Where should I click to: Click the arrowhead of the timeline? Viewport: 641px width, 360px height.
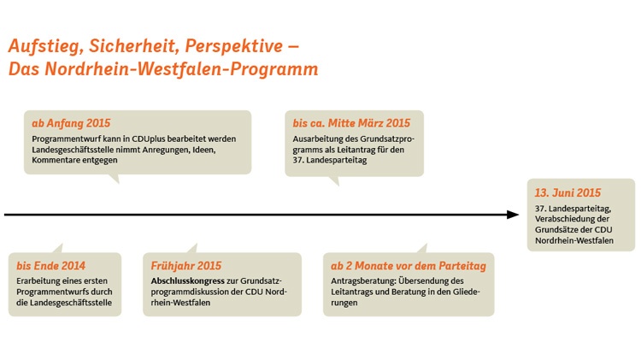(513, 215)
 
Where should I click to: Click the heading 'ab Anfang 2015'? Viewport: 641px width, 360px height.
(71, 123)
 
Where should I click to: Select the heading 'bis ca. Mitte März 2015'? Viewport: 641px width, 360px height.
(351, 123)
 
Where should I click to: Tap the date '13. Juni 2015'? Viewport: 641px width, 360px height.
(567, 192)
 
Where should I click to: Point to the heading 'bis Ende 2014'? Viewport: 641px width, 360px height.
(50, 266)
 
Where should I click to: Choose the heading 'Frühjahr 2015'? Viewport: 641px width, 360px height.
(186, 266)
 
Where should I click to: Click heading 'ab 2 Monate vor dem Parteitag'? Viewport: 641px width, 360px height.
(409, 266)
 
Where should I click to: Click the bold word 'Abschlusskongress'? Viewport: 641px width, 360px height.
(188, 281)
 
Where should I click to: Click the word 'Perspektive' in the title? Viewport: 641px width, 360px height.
(233, 46)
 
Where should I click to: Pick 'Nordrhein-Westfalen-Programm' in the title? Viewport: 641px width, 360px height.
(181, 68)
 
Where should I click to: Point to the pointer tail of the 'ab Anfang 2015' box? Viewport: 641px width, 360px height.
(114, 179)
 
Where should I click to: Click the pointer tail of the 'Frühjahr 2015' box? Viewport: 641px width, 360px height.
(192, 248)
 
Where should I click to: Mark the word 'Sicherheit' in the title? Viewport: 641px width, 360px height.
(134, 46)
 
